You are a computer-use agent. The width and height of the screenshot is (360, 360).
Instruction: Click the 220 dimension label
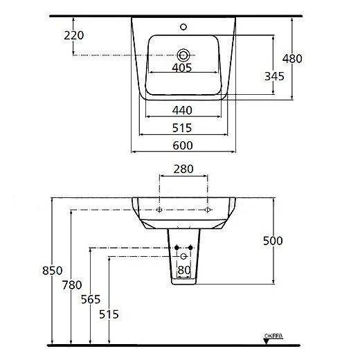pyautogui.click(x=74, y=35)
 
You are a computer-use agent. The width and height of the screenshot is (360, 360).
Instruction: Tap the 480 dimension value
pyautogui.click(x=292, y=59)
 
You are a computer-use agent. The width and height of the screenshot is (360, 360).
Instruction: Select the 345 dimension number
pyautogui.click(x=274, y=76)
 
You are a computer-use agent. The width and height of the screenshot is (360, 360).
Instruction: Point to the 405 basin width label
pyautogui.click(x=182, y=68)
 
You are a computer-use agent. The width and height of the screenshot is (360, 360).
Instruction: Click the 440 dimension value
pyautogui.click(x=182, y=110)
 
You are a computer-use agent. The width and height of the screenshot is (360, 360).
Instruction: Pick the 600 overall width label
pyautogui.click(x=183, y=145)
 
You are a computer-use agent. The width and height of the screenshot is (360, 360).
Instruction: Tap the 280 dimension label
pyautogui.click(x=183, y=169)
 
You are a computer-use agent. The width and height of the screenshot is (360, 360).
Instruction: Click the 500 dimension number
pyautogui.click(x=273, y=241)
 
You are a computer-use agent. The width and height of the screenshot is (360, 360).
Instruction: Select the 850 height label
pyautogui.click(x=53, y=271)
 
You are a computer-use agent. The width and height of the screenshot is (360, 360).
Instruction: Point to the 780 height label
pyautogui.click(x=72, y=285)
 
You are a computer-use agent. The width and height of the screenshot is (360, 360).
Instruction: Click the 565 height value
pyautogui.click(x=91, y=300)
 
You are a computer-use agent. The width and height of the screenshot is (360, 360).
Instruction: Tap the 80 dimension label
pyautogui.click(x=184, y=270)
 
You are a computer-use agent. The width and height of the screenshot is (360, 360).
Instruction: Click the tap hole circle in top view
pyautogui.click(x=183, y=27)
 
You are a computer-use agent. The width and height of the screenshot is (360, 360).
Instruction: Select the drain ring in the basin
pyautogui.click(x=183, y=55)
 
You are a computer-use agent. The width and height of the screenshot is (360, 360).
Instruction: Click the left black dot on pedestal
pyautogui.click(x=177, y=248)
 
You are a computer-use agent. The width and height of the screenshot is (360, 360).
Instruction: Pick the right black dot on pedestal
pyautogui.click(x=190, y=248)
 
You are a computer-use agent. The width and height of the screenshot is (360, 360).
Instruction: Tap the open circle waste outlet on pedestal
pyautogui.click(x=183, y=256)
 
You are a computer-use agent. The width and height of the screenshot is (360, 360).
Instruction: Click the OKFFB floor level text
pyautogui.click(x=273, y=336)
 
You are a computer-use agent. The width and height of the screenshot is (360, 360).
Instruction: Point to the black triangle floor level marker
pyautogui.click(x=267, y=341)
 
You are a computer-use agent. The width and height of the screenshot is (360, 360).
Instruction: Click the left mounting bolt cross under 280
pyautogui.click(x=159, y=210)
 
